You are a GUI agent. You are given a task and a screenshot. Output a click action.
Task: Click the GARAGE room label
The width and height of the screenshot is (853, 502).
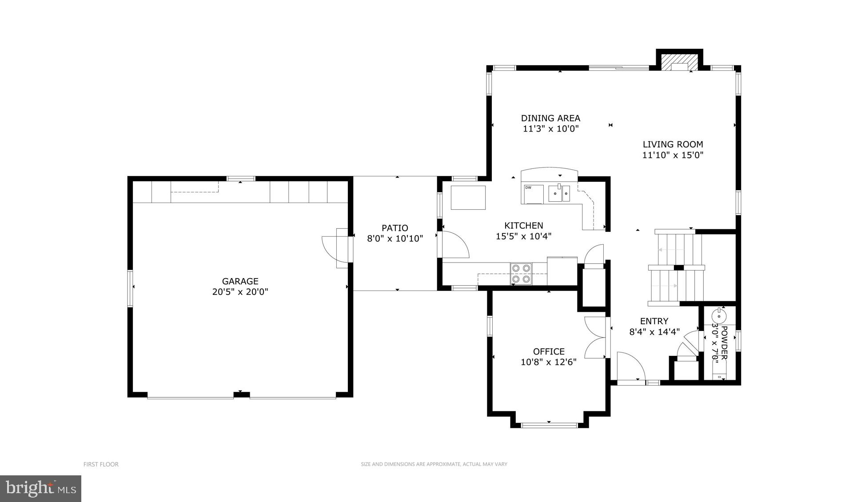(240, 281)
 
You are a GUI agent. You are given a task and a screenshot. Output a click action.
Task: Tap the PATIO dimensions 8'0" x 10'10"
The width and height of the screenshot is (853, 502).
(395, 239)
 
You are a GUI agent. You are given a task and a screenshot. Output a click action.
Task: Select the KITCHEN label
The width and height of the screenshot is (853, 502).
(523, 226)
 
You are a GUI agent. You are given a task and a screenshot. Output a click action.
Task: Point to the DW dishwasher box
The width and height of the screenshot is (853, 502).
(533, 194)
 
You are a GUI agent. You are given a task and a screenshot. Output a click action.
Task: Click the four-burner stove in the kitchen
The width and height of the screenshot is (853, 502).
(521, 273)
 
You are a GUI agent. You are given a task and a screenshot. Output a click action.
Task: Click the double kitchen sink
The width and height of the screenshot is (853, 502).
(559, 194)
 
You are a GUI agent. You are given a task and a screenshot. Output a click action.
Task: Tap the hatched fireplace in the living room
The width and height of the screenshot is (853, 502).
(679, 62)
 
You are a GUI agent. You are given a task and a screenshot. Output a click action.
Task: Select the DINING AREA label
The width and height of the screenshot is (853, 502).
(550, 118)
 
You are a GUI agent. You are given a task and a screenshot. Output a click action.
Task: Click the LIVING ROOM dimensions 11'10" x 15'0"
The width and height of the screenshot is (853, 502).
(673, 155)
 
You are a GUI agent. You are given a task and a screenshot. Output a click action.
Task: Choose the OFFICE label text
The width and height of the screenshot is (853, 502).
(549, 351)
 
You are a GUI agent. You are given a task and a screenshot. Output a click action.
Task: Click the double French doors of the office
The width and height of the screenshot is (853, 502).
(594, 338)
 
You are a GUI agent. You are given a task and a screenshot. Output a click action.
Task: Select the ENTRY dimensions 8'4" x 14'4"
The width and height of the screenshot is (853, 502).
(654, 332)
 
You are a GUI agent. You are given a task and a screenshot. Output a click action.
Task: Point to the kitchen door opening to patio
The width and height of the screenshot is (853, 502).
(454, 245)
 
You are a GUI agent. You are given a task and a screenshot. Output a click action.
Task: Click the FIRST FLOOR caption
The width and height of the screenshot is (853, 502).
(101, 464)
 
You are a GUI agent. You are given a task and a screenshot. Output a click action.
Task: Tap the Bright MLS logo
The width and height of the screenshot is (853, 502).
(40, 489)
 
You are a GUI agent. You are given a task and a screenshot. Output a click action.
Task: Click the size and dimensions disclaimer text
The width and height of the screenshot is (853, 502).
(434, 464)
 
